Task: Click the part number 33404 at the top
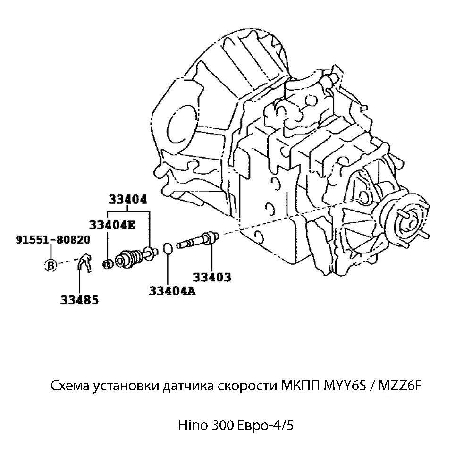[x=128, y=199]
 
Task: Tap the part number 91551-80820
[x=53, y=240]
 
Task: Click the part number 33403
[x=211, y=277]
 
